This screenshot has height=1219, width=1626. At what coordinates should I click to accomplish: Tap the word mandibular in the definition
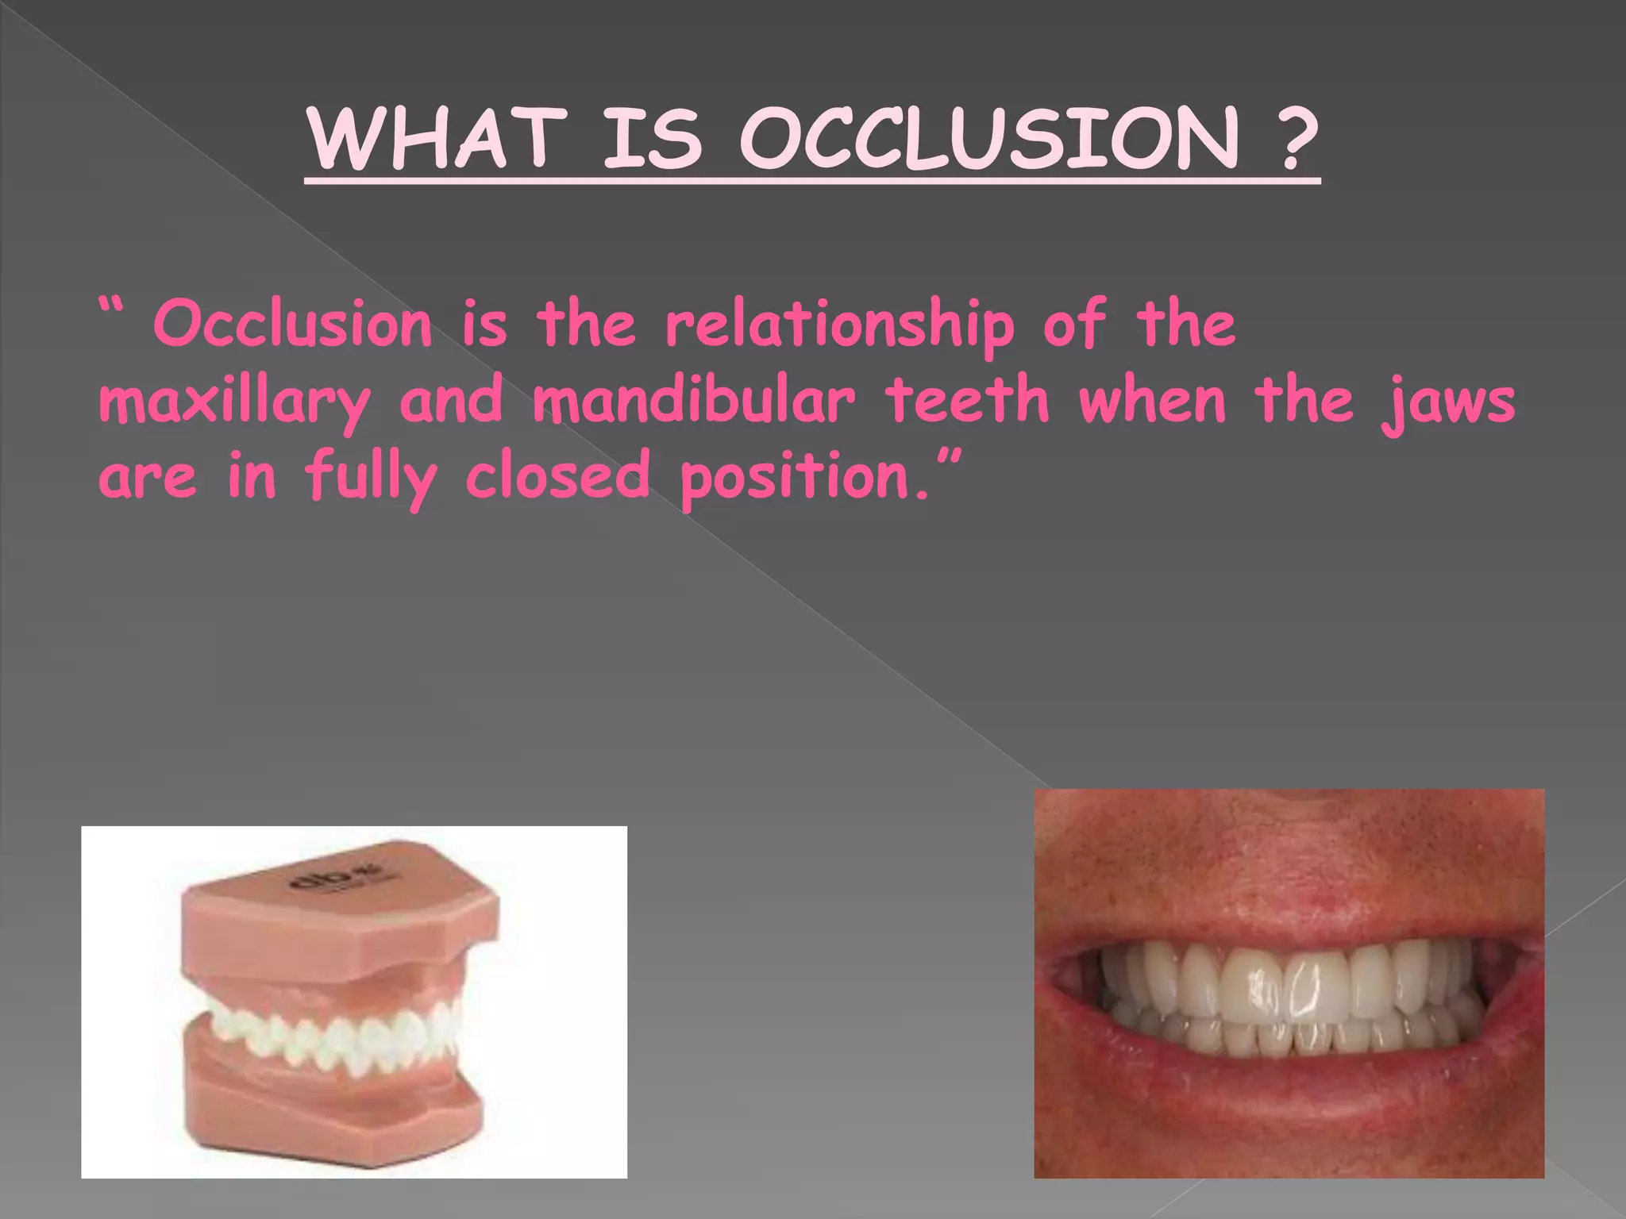pos(692,400)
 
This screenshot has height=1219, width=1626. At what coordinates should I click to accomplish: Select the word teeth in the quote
pos(966,400)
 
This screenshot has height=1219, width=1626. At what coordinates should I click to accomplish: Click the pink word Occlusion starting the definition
pos(292,325)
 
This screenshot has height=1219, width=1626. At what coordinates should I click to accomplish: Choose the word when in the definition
pos(1152,400)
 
